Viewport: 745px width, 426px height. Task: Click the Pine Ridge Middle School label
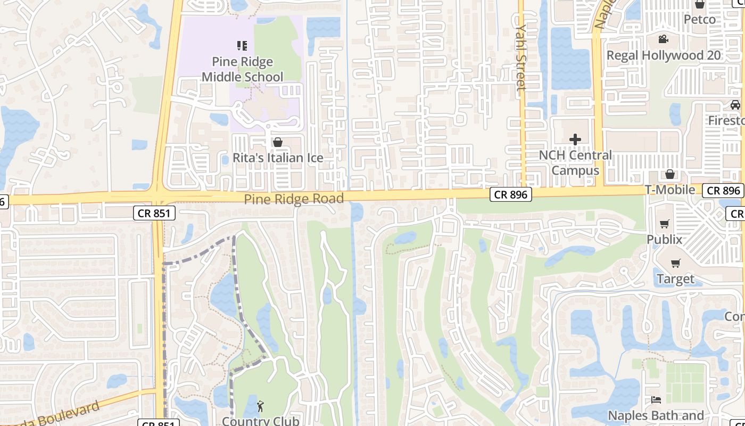pos(242,70)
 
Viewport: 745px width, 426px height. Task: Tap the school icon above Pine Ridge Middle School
pos(242,46)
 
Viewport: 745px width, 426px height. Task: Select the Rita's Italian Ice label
pos(278,158)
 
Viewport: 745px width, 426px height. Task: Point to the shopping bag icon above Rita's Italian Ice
pos(277,142)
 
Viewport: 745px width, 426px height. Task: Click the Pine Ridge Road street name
pos(294,199)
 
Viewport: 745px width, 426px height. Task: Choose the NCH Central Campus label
pos(575,163)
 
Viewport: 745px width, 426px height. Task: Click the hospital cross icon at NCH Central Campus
pos(575,140)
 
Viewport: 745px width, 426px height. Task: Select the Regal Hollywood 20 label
pos(664,55)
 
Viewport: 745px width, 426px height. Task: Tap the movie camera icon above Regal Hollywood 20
pos(663,39)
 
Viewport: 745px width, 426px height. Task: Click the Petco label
pos(699,19)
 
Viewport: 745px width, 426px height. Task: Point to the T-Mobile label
pos(670,190)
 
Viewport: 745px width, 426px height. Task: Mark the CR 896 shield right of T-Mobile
pos(723,190)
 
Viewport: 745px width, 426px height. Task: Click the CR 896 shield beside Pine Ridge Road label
pos(511,195)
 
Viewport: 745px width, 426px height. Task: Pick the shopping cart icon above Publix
pos(664,224)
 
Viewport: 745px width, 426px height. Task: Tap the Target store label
pos(675,279)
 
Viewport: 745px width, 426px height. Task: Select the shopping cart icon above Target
pos(675,263)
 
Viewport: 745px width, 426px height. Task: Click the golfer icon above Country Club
pos(260,407)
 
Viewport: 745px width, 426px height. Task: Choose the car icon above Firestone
pos(735,105)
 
